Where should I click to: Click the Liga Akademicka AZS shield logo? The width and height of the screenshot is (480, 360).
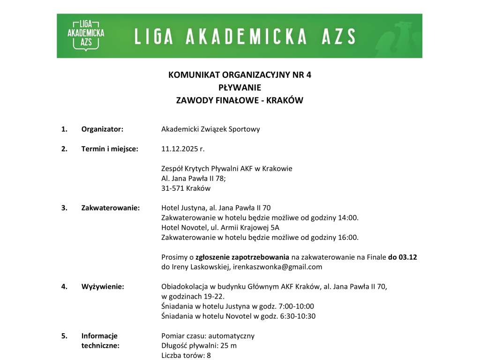[86, 36]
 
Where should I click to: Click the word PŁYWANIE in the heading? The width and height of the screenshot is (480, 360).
[240, 87]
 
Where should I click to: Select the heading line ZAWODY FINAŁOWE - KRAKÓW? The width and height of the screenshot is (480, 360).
[240, 100]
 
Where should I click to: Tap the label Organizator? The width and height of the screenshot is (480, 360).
[102, 129]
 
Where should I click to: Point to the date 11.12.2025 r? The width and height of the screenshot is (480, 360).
[183, 149]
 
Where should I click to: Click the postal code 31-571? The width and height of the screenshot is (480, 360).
[172, 188]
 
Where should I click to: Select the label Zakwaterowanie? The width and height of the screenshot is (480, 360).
[111, 208]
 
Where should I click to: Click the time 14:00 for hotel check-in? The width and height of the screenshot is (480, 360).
[348, 217]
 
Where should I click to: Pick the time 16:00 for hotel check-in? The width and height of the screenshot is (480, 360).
[348, 237]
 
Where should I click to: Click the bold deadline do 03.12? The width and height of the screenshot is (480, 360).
[403, 257]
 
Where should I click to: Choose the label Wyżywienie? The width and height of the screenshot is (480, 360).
[103, 286]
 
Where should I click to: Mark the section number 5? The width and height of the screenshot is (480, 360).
[64, 336]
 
